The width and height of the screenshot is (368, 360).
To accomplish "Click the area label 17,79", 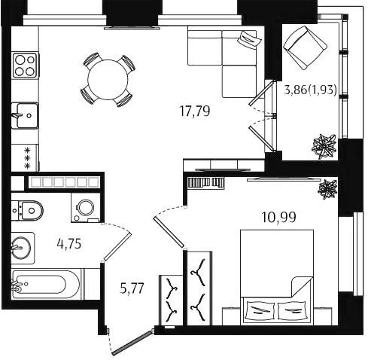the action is pos(195,111).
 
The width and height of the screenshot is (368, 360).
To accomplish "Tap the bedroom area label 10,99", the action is pos(278,217).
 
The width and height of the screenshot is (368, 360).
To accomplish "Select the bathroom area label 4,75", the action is pos(69,244).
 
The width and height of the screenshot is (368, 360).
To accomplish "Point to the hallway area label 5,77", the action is pos(132,288).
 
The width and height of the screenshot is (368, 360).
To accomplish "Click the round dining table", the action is pos(108,80).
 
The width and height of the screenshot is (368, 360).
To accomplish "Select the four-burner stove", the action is pos(25,65).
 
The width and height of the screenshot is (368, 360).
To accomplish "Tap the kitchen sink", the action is pos(25,116).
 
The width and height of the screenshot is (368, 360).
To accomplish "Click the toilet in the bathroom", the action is pos(27,210).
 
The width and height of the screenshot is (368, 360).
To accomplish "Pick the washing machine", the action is pos(86,208).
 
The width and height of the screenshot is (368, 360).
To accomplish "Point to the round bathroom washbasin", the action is pos(21,248).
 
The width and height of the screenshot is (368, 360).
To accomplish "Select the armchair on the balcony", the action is pos(305,47).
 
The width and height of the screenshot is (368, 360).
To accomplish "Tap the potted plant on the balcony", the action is pos(324,147).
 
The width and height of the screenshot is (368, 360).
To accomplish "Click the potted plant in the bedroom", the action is pos(327,189).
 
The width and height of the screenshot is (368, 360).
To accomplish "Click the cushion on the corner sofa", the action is pos(249,38).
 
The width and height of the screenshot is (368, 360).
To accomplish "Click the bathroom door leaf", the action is pos(117,246).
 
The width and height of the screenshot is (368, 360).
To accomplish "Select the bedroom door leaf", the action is pos(169,233).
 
